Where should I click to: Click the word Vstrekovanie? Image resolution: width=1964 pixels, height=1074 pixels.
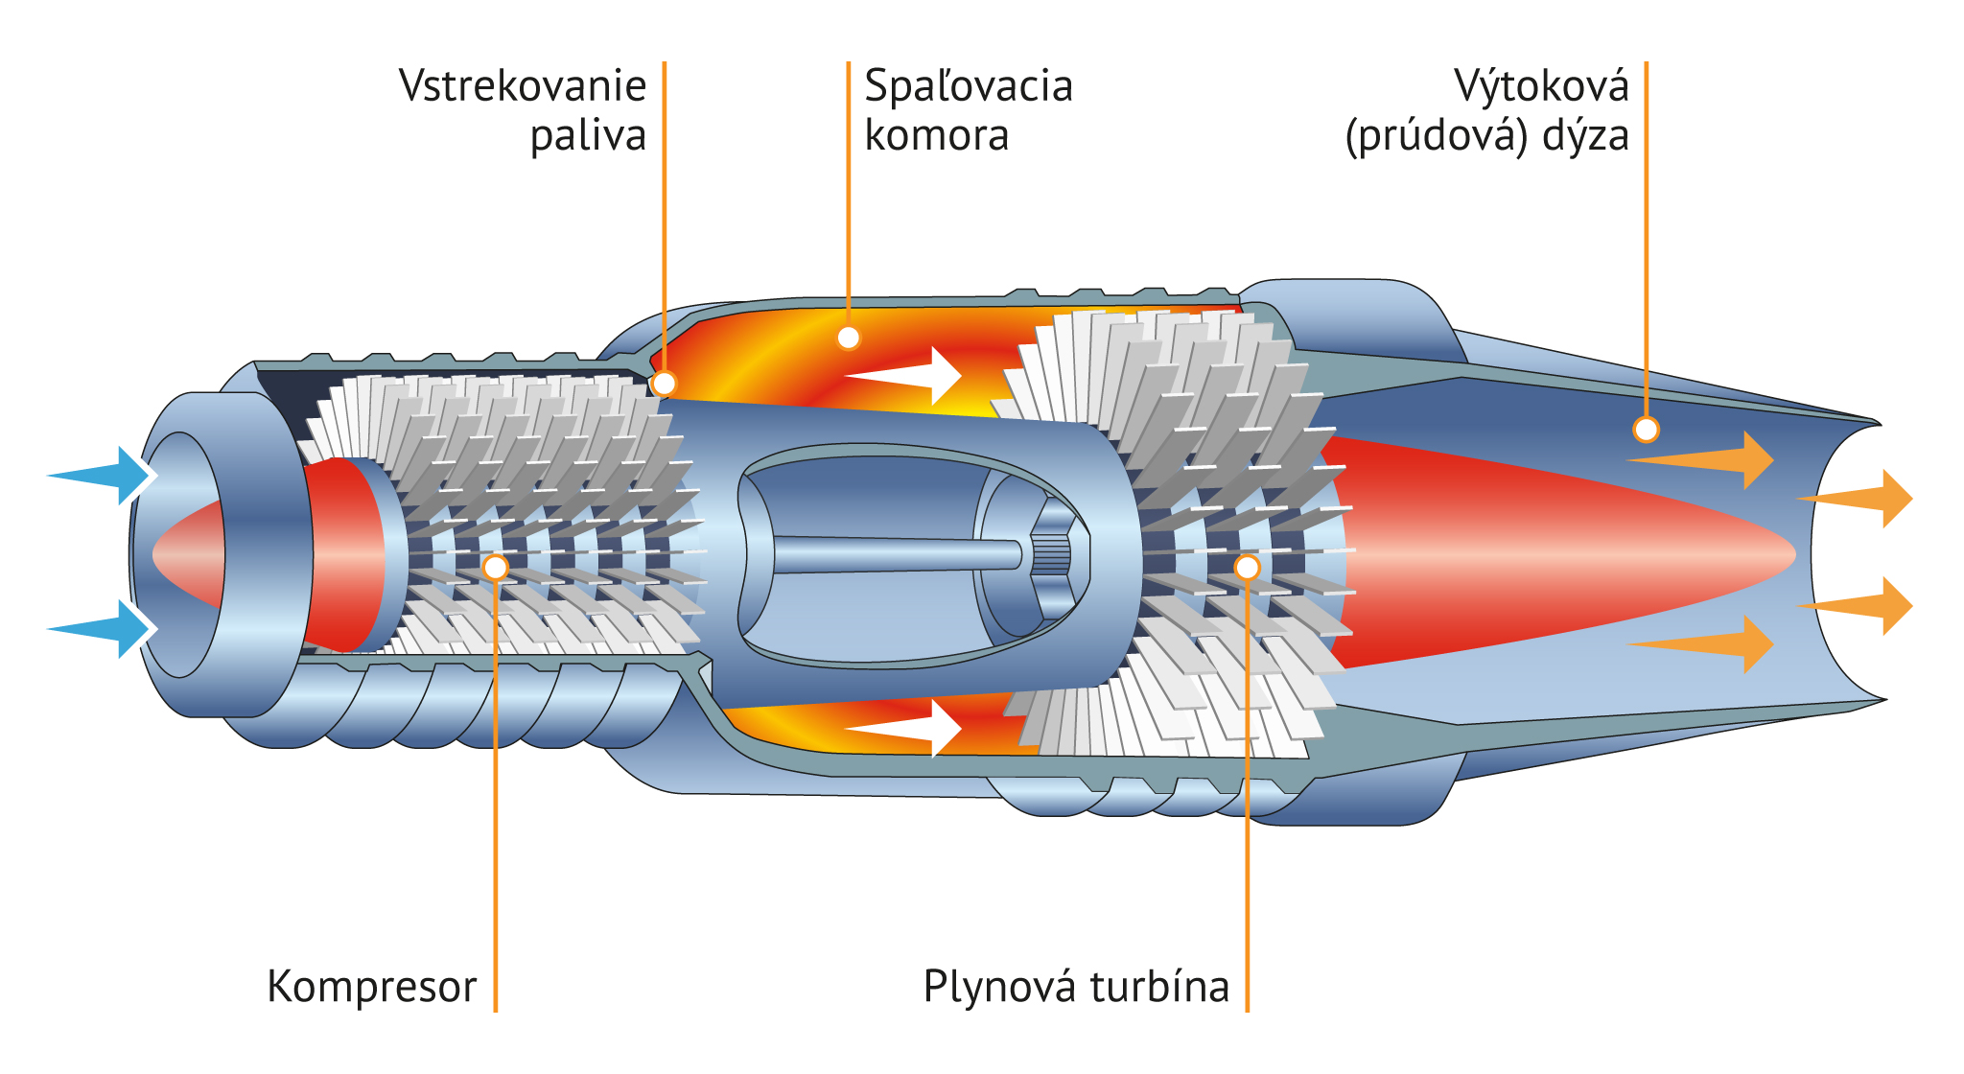click(523, 86)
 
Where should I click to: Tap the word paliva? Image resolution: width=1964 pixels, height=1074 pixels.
click(588, 136)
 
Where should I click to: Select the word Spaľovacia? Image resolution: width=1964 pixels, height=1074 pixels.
click(969, 86)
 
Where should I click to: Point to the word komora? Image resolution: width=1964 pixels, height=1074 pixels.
click(937, 136)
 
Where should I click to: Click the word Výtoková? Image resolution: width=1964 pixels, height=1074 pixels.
click(1541, 86)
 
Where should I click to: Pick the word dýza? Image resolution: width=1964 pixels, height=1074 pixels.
click(1585, 136)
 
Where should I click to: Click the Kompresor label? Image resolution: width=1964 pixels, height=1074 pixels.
click(372, 987)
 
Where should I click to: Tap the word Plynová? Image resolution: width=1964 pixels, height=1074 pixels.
click(998, 987)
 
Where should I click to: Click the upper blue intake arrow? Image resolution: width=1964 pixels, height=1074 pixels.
click(101, 475)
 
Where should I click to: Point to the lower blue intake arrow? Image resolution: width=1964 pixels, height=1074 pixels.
click(101, 629)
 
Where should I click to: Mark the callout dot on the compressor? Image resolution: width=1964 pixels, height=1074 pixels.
click(496, 568)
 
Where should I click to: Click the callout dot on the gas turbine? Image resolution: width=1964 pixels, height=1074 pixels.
click(1247, 568)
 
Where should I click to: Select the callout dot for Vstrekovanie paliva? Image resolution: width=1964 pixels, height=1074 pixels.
click(664, 384)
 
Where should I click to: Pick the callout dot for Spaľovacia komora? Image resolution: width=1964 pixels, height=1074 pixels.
click(849, 338)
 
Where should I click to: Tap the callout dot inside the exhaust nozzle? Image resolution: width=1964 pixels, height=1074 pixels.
click(1646, 430)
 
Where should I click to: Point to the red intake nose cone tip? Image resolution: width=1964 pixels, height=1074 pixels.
click(168, 554)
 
